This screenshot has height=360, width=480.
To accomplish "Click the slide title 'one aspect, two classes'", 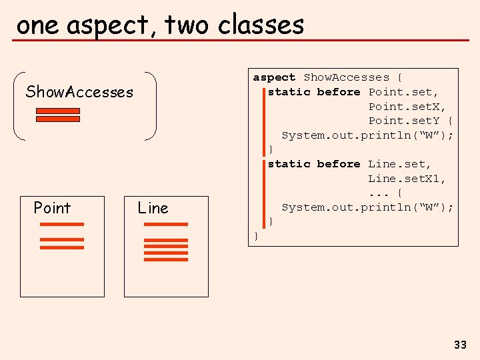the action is pos(160,25).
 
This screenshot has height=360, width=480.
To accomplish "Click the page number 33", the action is pos(460,345).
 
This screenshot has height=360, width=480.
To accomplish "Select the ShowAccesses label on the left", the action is pos(79,92).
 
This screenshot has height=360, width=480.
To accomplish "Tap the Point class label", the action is pos(52,208).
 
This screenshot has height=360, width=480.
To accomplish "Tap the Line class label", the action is pos(153,208).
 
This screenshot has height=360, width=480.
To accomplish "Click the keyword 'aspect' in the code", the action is pos(274,77).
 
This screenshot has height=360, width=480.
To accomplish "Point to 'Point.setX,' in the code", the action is pos(407,107).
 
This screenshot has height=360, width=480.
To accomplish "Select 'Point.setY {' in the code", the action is pos(411,121).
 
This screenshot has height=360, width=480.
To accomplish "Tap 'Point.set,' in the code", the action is pos(404,92).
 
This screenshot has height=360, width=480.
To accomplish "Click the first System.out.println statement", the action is pos(367,135).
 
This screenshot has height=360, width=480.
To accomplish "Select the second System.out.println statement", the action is pos(367,207).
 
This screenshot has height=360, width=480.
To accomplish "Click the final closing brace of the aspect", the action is pos(256,235).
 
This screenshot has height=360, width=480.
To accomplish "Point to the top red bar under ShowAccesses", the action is pos(57,111).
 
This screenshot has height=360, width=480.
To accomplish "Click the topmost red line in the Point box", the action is pos(62,225).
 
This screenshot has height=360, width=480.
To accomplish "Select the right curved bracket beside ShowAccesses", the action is pos(153,105).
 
